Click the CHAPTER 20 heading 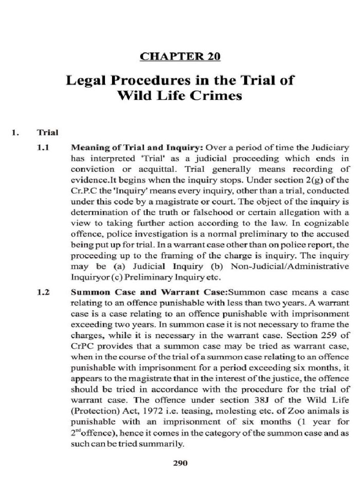(180, 57)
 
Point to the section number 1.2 (43, 291)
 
